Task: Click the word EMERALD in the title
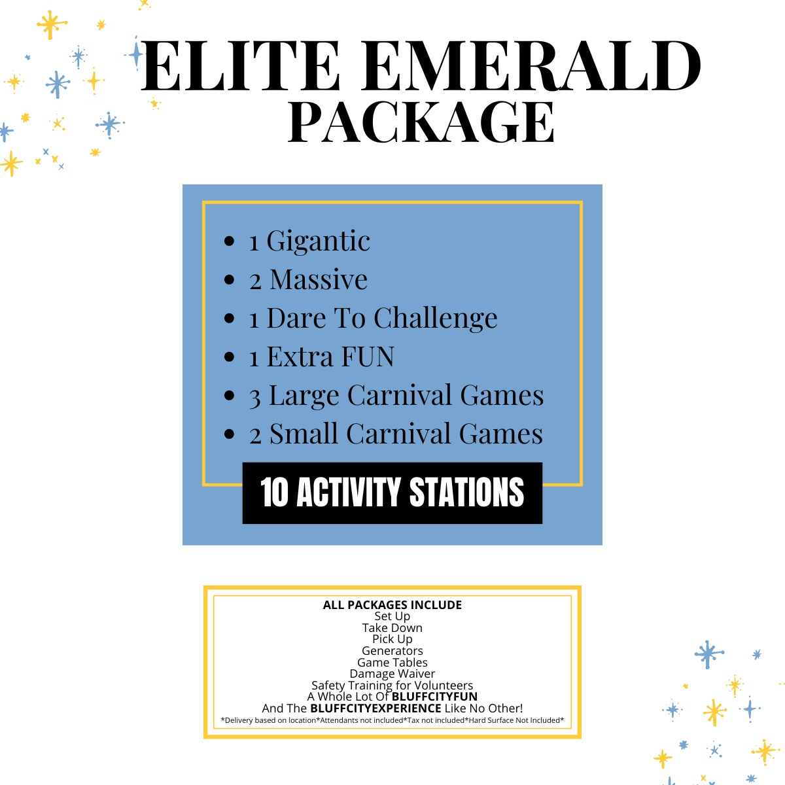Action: (531, 66)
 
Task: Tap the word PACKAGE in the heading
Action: (421, 122)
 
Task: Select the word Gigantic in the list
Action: (318, 241)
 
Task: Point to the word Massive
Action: (319, 280)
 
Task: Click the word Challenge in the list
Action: (436, 319)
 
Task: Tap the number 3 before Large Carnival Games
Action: (255, 396)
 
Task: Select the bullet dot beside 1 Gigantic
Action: (229, 241)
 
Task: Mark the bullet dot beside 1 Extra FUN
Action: (229, 357)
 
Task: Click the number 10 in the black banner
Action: (274, 493)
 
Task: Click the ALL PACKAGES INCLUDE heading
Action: (392, 605)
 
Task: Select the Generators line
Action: (392, 651)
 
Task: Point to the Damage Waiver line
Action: (392, 674)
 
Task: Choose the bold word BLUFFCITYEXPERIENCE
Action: (375, 708)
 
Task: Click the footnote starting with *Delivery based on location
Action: (392, 720)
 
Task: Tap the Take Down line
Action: (392, 628)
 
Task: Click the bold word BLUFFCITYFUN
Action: (434, 697)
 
